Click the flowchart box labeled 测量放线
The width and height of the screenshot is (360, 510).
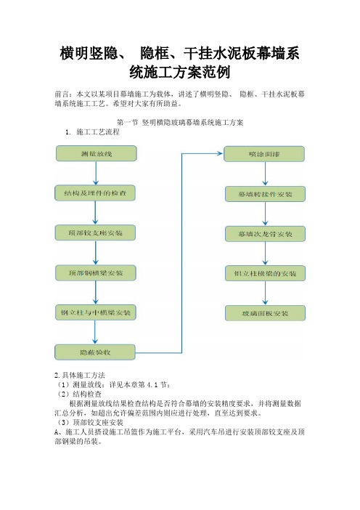[x=97, y=153]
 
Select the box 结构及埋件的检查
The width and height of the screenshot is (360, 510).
[x=95, y=193]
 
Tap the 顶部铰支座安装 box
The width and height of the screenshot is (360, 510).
[x=95, y=233]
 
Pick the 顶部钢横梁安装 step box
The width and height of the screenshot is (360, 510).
[x=96, y=273]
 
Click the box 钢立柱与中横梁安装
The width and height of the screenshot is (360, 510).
[x=96, y=312]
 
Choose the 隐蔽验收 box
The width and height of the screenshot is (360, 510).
[x=95, y=352]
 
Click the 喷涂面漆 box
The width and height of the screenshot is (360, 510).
[x=264, y=154]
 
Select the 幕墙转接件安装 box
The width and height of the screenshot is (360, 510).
[x=265, y=194]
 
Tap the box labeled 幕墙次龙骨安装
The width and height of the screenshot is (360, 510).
[x=265, y=234]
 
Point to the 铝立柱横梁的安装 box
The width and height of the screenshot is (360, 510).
[x=265, y=274]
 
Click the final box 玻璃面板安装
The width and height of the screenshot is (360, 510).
[x=265, y=313]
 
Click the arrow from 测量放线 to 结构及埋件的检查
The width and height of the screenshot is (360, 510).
[x=96, y=174]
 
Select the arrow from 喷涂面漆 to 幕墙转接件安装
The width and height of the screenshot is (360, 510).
[x=265, y=174]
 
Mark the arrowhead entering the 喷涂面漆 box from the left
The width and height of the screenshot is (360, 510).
[x=221, y=153]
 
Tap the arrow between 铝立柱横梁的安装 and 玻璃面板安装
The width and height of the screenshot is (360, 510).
[x=265, y=294]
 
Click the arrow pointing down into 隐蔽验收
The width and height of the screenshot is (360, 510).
[x=95, y=333]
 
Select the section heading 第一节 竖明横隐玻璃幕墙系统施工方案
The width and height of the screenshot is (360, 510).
[x=180, y=122]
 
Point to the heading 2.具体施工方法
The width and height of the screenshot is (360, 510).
[x=80, y=375]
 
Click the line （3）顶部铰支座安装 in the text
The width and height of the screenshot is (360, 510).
[x=89, y=423]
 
